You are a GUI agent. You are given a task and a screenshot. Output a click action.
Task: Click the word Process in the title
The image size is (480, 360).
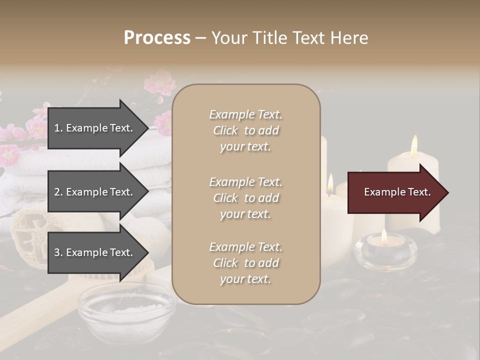click(157, 38)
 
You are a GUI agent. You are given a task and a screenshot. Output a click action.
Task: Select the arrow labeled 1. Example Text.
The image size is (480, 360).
click(95, 128)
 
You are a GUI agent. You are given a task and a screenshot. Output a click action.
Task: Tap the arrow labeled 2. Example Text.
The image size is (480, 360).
click(95, 192)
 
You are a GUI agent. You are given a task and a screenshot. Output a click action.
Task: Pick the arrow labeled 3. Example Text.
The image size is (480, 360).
click(95, 252)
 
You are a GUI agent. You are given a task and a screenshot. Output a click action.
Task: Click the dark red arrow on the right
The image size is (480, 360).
click(395, 192)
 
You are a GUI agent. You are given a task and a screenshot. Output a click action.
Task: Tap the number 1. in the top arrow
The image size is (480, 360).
click(58, 128)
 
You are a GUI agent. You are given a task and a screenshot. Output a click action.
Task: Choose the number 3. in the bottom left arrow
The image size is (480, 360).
click(58, 252)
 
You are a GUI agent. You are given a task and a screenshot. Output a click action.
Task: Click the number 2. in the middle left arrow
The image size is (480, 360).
click(58, 192)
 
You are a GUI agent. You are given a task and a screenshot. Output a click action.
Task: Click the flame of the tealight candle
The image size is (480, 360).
click(384, 236)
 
